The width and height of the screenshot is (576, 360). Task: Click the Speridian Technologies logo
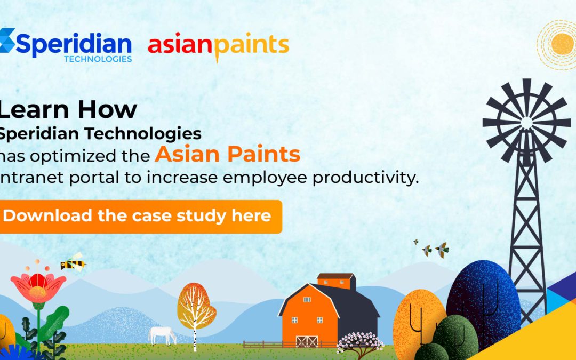point(66,45)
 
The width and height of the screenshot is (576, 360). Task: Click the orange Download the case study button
point(140,217)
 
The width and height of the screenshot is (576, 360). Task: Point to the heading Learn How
point(68,109)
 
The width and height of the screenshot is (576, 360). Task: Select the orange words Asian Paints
point(227,154)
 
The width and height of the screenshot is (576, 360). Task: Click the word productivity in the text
point(365,178)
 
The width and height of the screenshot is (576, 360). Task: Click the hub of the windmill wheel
point(526,123)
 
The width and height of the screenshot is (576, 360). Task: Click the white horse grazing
point(162,335)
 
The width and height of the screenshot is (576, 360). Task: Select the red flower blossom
point(38,287)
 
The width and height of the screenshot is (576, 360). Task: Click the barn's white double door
point(307,342)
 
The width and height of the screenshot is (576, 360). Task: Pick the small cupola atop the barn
point(336,281)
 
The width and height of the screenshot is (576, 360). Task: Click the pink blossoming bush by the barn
point(359,343)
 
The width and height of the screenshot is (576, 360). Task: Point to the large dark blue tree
point(483,301)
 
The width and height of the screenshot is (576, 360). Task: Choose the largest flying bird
point(442,250)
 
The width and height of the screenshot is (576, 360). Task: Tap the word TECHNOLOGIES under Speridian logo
point(98,59)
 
